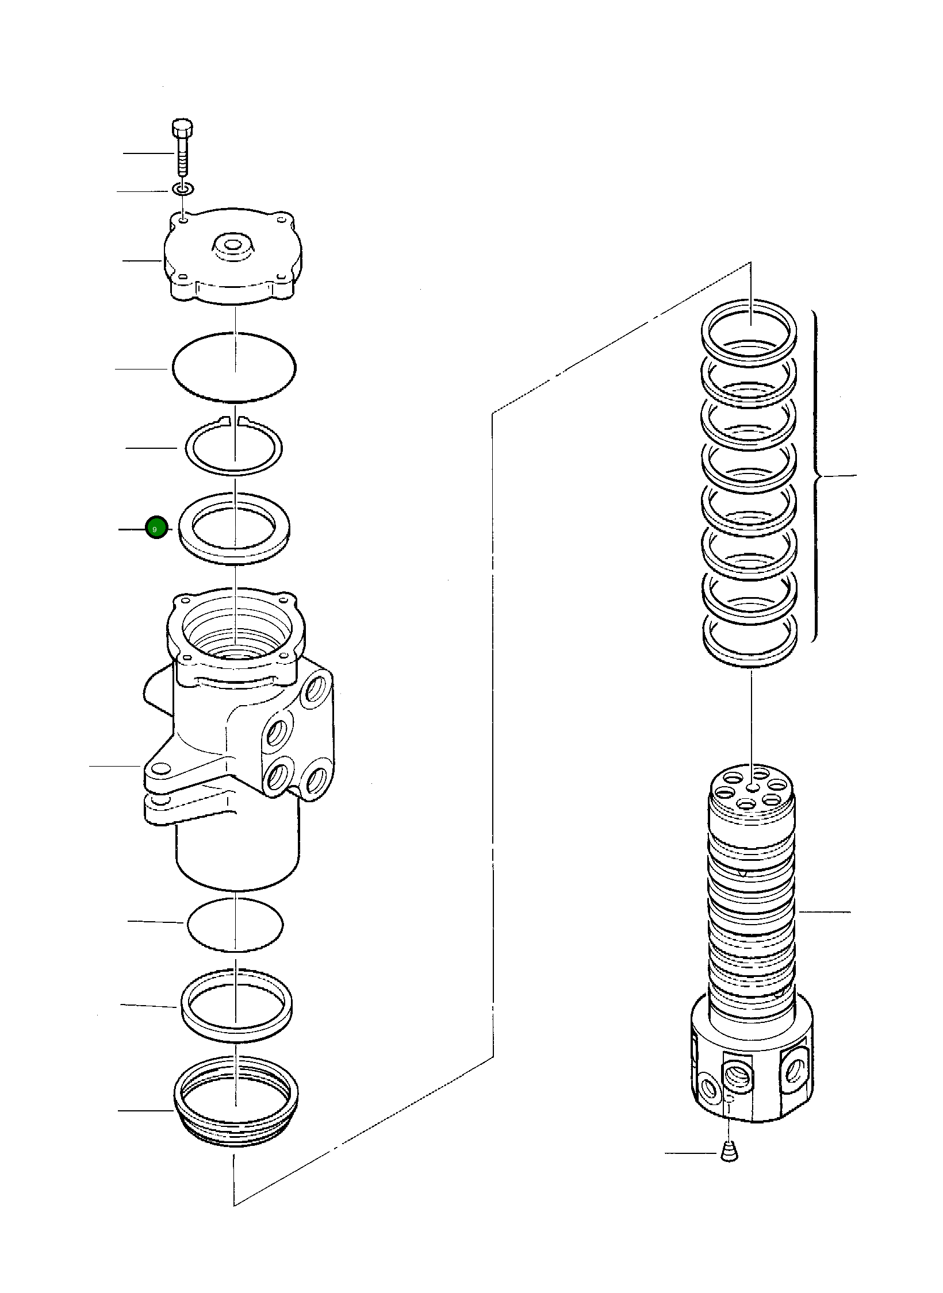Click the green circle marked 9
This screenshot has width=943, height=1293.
coord(156,528)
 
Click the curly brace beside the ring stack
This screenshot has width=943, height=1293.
coord(816,476)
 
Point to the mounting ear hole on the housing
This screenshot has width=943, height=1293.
coord(160,769)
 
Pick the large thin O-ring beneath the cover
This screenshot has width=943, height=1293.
coord(233,366)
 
